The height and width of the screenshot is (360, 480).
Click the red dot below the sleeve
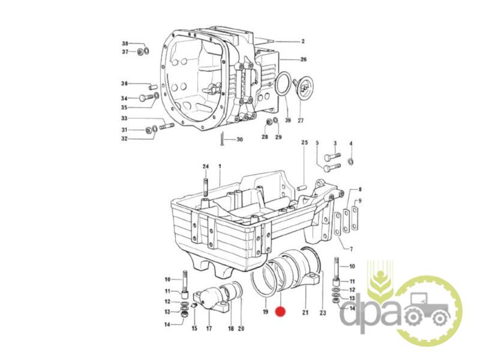pyautogui.click(x=280, y=311)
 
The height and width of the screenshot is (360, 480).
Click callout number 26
pyautogui.click(x=304, y=59)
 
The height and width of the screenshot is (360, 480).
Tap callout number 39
pyautogui.click(x=288, y=121)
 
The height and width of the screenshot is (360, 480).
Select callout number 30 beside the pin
pyautogui.click(x=239, y=140)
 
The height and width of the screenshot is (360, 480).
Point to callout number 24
pyautogui.click(x=205, y=167)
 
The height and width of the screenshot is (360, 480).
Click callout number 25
pyautogui.click(x=304, y=142)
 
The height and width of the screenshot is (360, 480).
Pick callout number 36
pyautogui.click(x=124, y=83)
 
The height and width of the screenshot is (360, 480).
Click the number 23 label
pyautogui.click(x=323, y=313)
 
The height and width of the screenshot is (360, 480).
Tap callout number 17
pyautogui.click(x=209, y=329)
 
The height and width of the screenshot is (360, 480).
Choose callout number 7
pyautogui.click(x=352, y=249)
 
